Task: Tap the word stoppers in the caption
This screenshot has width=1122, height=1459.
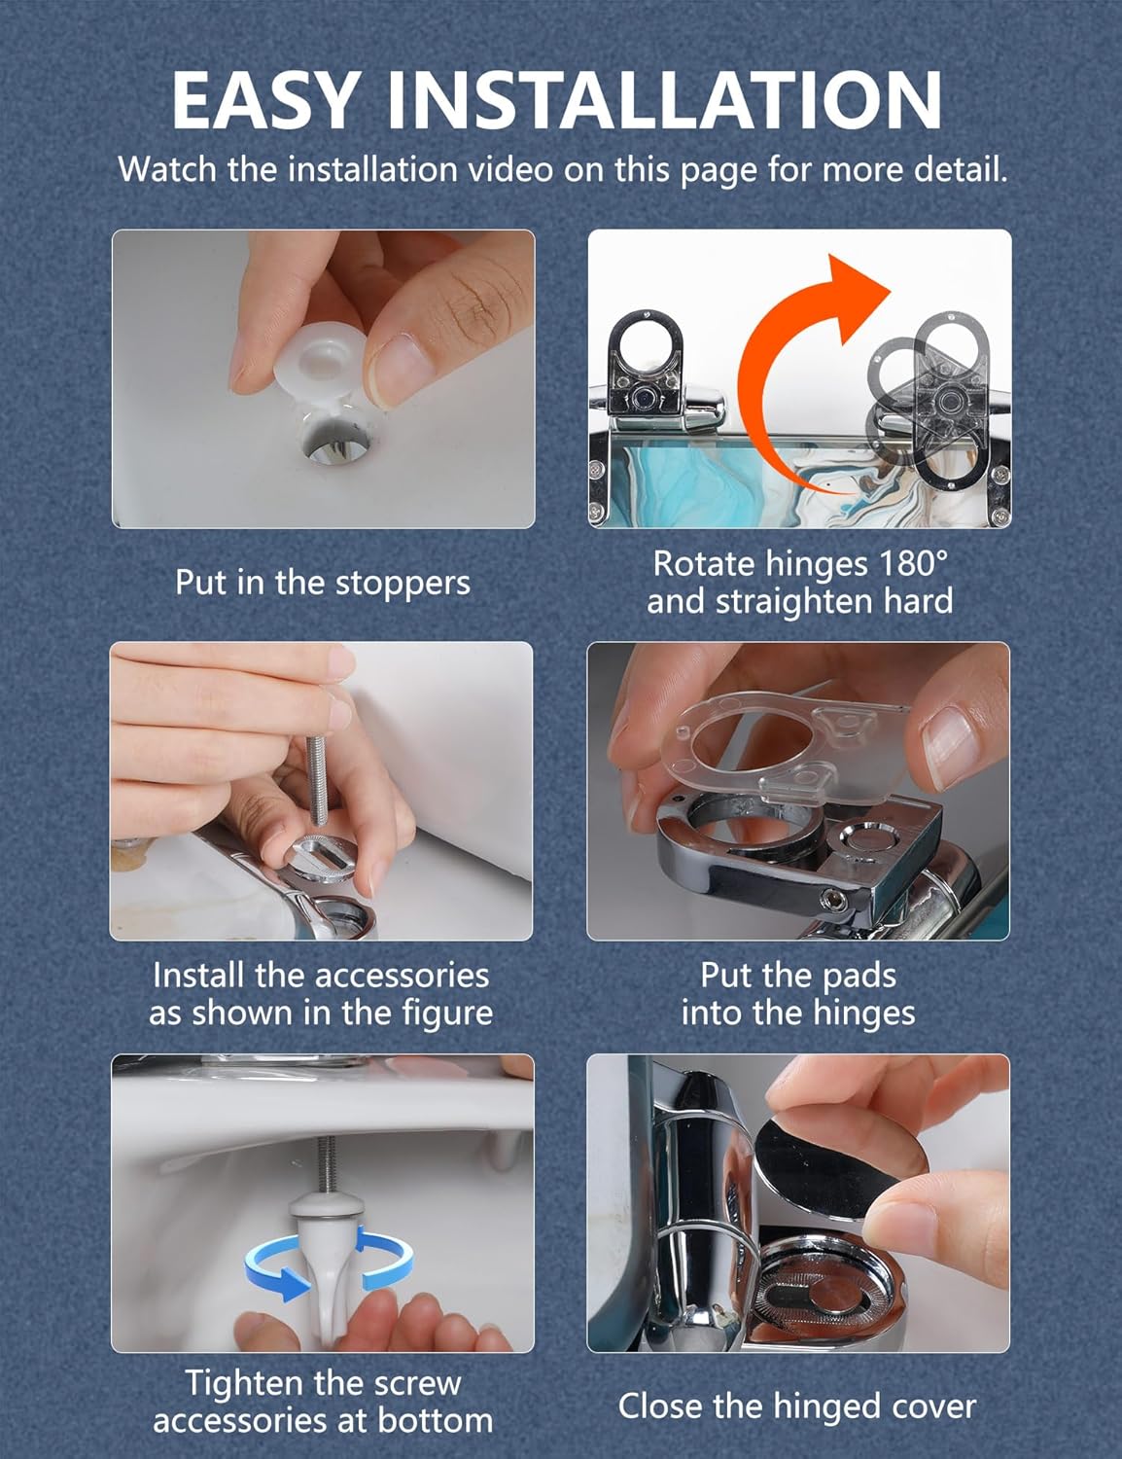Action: [x=403, y=584]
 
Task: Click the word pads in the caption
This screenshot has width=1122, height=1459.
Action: [x=859, y=976]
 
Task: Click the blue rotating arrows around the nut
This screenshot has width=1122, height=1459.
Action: [x=328, y=1263]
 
